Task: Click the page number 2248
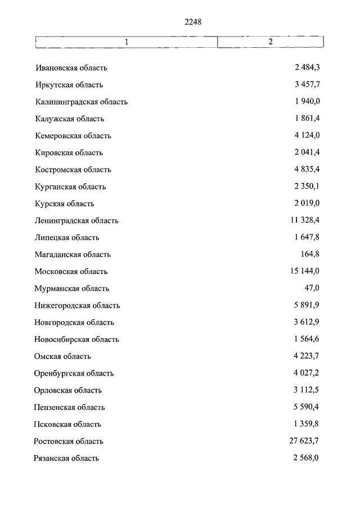(x=192, y=22)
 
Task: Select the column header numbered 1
(x=127, y=42)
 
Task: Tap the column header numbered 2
(x=271, y=42)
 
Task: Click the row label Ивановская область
(x=71, y=68)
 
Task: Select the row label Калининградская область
(x=81, y=102)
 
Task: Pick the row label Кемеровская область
(x=73, y=136)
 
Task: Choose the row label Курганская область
(x=70, y=187)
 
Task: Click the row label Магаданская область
(x=73, y=255)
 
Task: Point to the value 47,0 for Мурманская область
(x=312, y=289)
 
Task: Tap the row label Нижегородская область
(x=77, y=305)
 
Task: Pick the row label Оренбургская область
(x=74, y=373)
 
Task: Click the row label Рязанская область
(x=66, y=458)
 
